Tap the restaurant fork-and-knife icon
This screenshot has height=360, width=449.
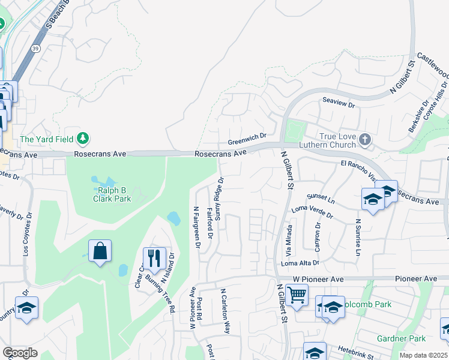[154, 259]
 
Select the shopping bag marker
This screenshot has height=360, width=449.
[100, 251]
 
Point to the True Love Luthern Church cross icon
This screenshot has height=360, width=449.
[364, 140]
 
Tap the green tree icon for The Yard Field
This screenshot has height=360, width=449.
[83, 139]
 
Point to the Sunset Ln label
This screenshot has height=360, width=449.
[320, 197]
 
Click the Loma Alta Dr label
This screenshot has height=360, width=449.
[300, 263]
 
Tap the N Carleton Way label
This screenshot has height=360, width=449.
[225, 311]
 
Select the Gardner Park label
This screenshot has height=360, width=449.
[401, 338]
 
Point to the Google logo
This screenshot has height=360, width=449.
[20, 353]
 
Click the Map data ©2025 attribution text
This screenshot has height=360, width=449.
[424, 355]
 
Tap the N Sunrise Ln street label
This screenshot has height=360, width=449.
[358, 237]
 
